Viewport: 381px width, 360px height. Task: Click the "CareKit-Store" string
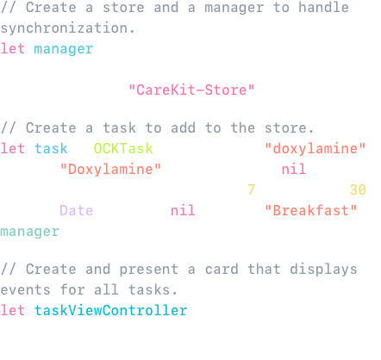pos(191,90)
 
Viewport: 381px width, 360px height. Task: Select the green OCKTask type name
pos(123,148)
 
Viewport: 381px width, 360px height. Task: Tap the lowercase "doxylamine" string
pos(315,148)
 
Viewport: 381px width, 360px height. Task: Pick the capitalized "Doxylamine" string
pos(110,169)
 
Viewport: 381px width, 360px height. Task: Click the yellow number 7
pos(252,189)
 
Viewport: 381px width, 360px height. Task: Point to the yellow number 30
pos(358,189)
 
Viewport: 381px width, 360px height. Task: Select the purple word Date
pos(76,210)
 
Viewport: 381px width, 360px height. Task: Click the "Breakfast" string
pos(310,210)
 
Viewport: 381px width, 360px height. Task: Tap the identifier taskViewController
pos(110,310)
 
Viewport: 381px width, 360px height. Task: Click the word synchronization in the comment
pos(65,28)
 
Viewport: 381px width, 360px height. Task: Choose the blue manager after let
pos(64,49)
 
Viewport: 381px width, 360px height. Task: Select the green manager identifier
pos(29,232)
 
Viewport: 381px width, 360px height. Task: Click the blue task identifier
pos(51,148)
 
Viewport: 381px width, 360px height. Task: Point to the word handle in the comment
pos(323,7)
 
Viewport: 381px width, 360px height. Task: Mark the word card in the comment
pos(222,269)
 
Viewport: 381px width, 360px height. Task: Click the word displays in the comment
pos(323,270)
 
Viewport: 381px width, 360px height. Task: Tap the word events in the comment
pos(26,289)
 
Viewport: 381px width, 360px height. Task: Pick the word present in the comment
pos(149,270)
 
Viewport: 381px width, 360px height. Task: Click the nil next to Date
pos(183,210)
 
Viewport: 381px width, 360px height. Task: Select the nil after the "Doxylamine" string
pos(294,169)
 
